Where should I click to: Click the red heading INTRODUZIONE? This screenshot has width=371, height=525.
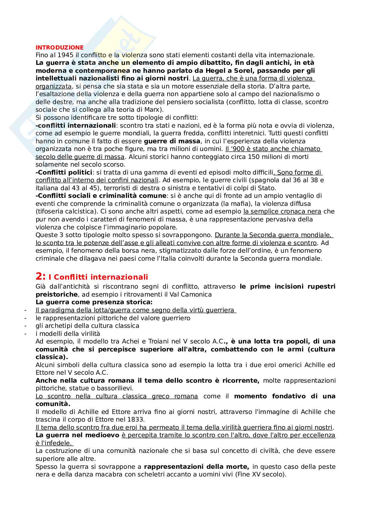(60, 47)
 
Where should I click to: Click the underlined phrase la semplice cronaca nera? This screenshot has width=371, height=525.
(282, 211)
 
